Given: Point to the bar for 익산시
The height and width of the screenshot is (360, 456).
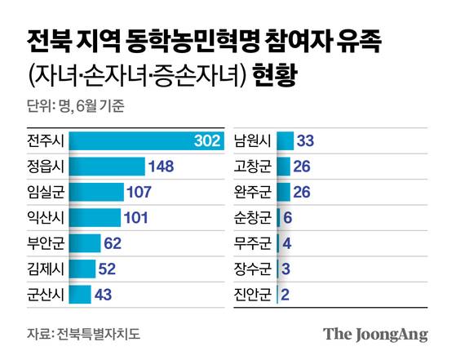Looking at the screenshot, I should [95, 218].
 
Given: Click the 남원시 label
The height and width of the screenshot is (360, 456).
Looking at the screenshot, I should [252, 141].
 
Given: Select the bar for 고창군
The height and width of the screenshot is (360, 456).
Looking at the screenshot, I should [284, 167].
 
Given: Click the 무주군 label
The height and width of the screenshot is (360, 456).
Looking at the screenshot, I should [252, 243].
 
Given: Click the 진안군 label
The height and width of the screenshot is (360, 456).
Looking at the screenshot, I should [252, 294].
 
